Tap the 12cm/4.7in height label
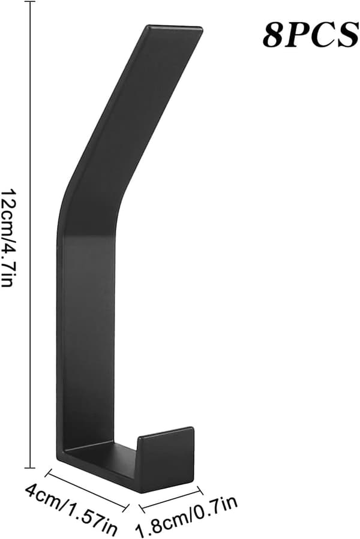click(8, 237)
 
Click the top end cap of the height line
click(30, 2)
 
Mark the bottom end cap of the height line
click(30, 468)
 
